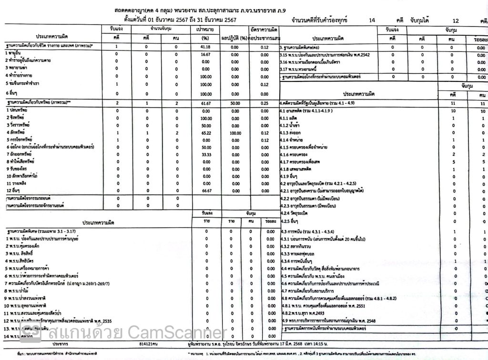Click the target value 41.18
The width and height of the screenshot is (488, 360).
[206, 47]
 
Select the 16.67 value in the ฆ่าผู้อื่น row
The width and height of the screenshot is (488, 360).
[206, 55]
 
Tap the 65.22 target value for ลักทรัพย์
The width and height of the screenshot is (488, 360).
[206, 132]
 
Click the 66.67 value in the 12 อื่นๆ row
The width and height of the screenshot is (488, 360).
[206, 190]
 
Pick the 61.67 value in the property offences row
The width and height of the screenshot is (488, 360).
[206, 103]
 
